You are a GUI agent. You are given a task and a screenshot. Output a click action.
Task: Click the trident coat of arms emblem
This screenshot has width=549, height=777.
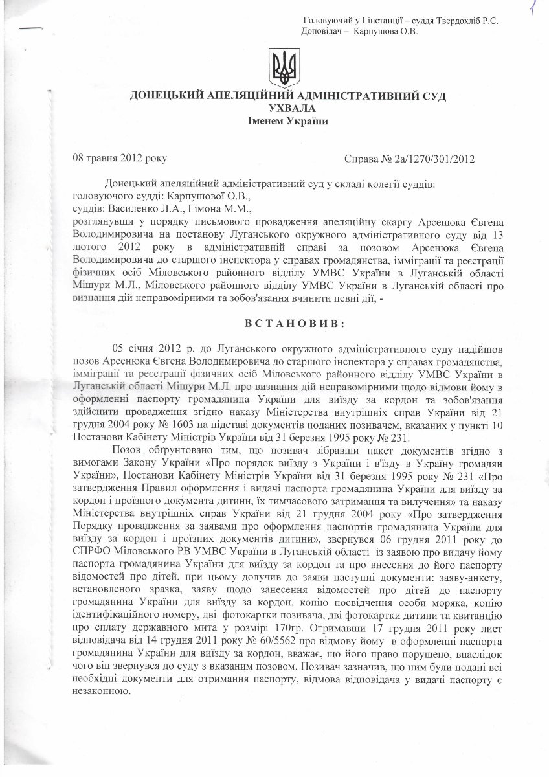pyautogui.click(x=283, y=69)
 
